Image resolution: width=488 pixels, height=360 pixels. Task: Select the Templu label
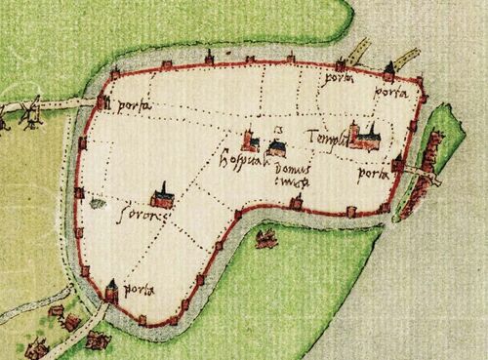tap(324, 138)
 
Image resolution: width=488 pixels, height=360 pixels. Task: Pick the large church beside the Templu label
tap(365, 137)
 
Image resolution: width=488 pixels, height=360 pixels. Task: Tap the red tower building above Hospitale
tap(250, 142)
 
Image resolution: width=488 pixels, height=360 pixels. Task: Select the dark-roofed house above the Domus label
tap(277, 147)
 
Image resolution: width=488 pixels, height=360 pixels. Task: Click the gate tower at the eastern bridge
tap(398, 164)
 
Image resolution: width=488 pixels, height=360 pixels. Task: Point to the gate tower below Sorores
tap(112, 289)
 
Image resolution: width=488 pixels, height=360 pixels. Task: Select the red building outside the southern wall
tap(264, 237)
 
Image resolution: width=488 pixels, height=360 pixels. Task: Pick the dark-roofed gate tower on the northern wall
tap(388, 70)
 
